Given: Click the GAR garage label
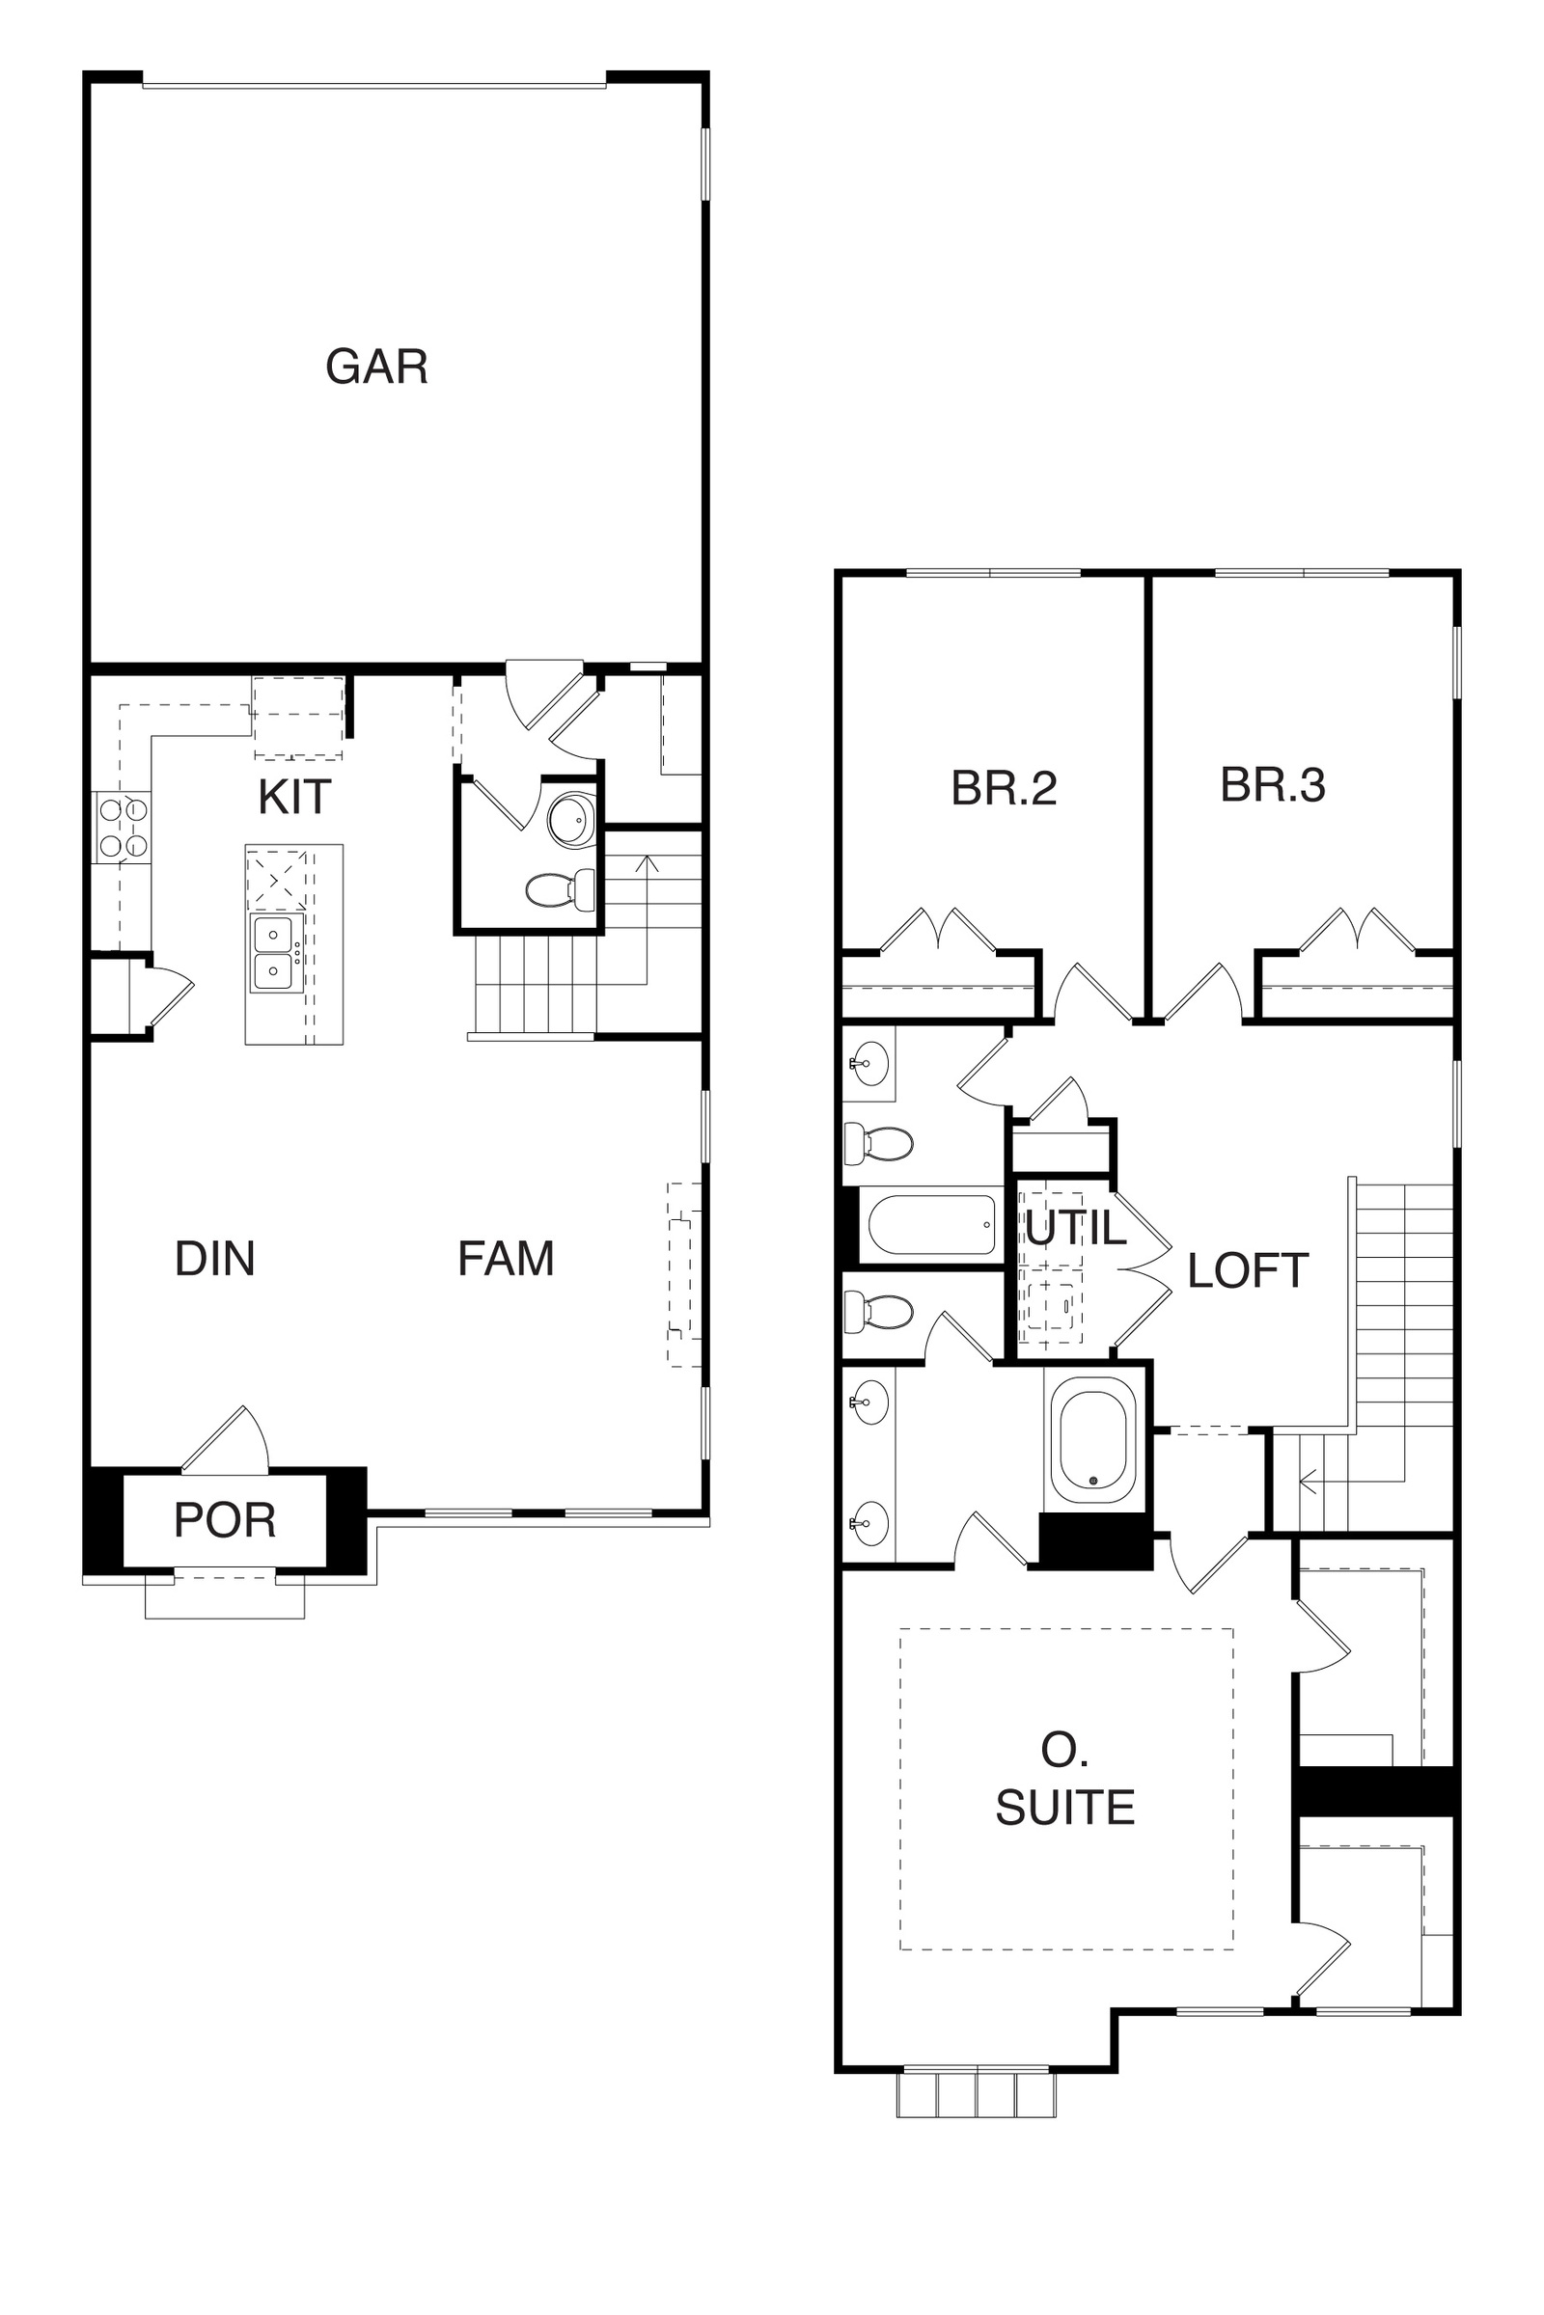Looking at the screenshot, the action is (377, 367).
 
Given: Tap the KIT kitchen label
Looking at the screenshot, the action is (294, 798).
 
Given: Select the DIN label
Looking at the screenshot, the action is (214, 1259).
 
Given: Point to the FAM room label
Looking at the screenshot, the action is (506, 1259).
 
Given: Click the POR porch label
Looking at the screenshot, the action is (225, 1521).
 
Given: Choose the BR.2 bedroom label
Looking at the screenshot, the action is (1004, 788).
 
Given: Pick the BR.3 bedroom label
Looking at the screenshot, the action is (1272, 785).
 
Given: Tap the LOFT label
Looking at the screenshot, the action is (1248, 1271).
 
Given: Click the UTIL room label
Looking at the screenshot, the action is (1075, 1228).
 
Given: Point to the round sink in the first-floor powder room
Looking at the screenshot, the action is (572, 819).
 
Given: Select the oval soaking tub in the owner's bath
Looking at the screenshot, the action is (1094, 1439).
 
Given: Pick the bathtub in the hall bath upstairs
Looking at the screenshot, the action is (931, 1224).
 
